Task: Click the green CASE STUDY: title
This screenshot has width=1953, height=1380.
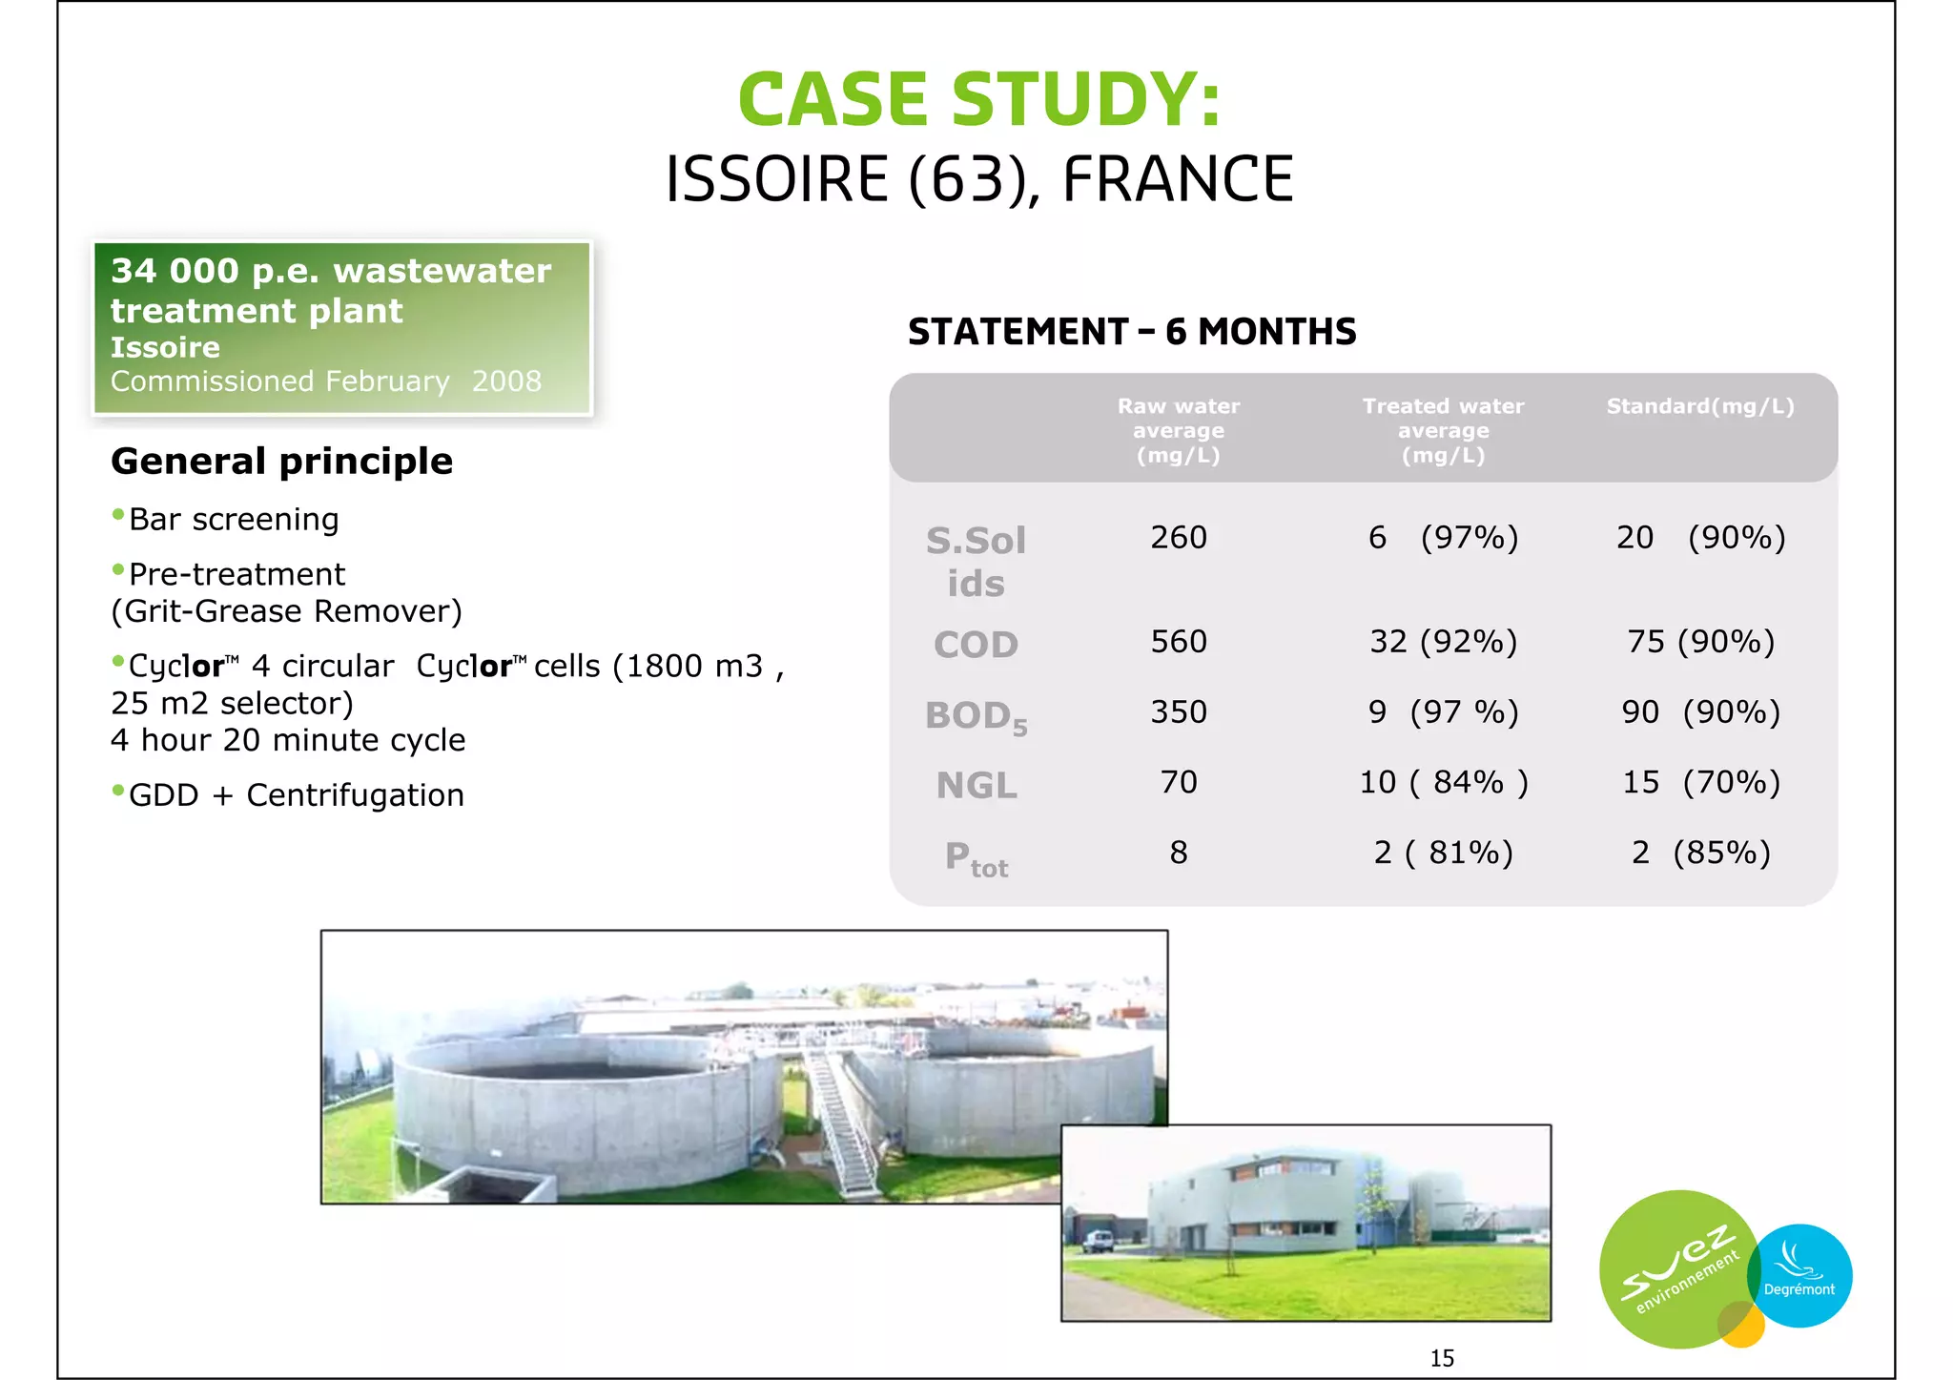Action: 978,99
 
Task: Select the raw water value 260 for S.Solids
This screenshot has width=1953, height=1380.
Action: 1178,538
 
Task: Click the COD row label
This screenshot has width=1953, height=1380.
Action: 976,645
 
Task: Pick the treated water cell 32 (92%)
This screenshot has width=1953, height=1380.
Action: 1442,642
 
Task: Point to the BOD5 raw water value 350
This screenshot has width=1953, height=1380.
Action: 1178,712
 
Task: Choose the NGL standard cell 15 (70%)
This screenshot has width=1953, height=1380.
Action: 1700,783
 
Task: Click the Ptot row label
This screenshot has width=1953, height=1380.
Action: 976,858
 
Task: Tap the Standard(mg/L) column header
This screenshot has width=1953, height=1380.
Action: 1699,406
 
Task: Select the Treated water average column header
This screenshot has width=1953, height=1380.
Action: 1442,430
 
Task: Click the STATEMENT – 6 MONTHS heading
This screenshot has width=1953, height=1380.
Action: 1131,332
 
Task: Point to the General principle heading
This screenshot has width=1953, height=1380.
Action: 281,462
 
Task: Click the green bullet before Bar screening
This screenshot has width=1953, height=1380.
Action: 118,516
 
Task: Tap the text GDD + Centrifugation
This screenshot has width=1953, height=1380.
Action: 296,795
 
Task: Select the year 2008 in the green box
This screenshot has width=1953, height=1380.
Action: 506,381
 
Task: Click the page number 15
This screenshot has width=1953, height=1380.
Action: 1441,1358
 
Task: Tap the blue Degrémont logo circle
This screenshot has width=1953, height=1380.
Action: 1801,1276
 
